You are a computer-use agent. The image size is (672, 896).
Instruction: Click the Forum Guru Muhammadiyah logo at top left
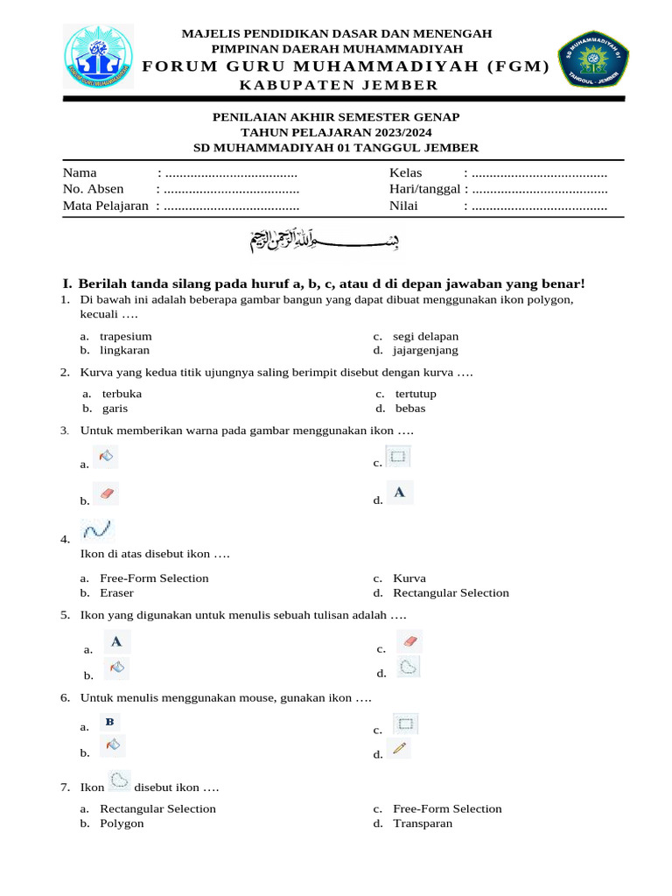[103, 60]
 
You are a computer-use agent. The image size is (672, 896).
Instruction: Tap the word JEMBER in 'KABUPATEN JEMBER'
[399, 85]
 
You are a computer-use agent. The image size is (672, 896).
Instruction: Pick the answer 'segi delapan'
[425, 336]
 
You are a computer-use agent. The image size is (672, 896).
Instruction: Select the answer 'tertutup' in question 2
[416, 394]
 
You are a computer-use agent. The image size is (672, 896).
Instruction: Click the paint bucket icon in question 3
[106, 456]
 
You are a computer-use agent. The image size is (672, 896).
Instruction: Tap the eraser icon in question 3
[106, 493]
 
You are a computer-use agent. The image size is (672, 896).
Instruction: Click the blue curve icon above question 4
[97, 529]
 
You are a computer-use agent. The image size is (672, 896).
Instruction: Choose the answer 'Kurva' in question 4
[409, 578]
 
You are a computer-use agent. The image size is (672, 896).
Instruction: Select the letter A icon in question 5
[115, 641]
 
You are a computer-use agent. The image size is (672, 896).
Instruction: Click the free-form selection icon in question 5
[408, 667]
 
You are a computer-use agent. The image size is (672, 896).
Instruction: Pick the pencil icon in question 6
[400, 748]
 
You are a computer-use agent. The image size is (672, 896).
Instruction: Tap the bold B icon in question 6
[110, 722]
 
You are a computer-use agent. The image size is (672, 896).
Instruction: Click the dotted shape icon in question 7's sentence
[119, 780]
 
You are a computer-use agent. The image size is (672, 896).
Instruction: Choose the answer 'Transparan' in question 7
[423, 823]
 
